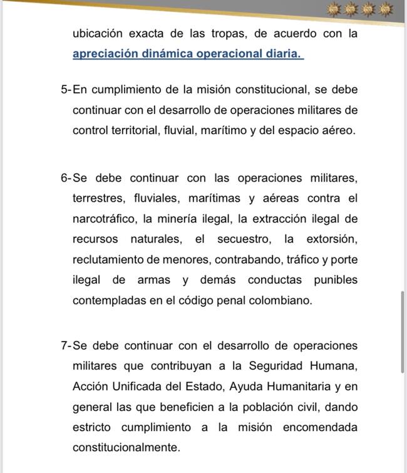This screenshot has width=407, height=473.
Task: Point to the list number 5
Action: click(x=64, y=90)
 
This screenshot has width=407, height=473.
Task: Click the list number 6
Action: click(x=64, y=178)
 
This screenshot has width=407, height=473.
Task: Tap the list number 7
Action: click(x=64, y=346)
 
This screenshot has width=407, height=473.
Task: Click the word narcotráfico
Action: click(x=104, y=219)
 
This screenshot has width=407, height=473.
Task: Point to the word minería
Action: click(x=177, y=219)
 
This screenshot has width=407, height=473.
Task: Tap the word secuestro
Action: click(x=244, y=239)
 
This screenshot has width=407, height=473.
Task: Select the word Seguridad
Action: click(x=280, y=366)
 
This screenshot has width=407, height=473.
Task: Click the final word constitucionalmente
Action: click(x=126, y=447)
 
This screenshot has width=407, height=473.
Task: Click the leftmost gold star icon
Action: click(x=332, y=9)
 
